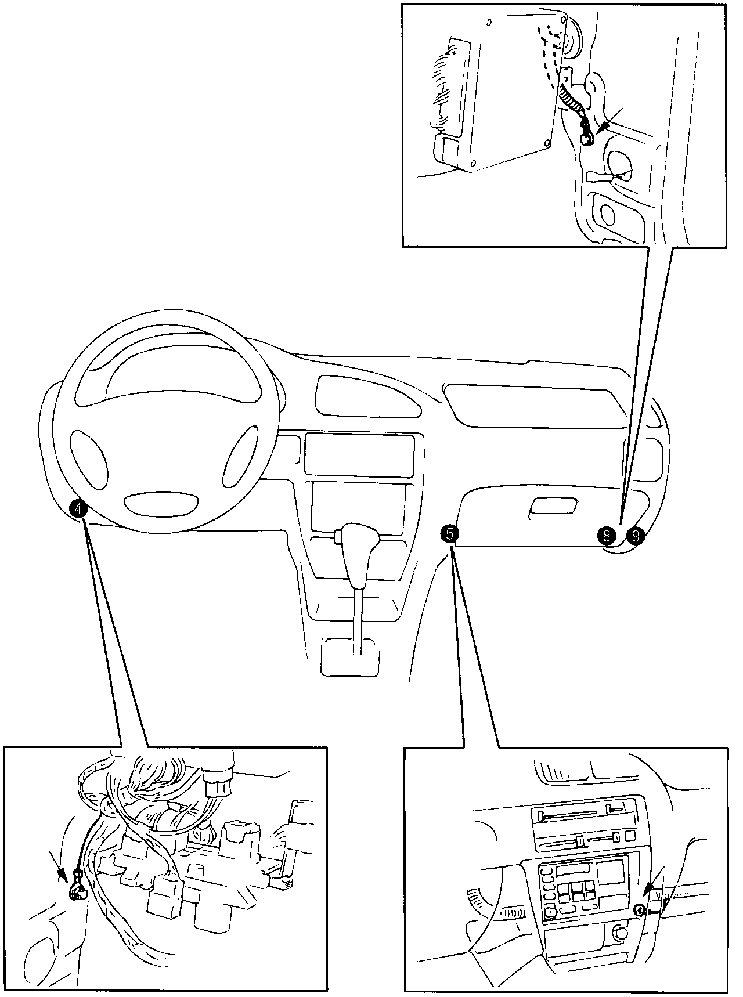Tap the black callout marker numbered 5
tap(449, 533)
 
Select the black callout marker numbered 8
tap(607, 535)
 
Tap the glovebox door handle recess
tap(554, 506)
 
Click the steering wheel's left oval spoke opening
tap(89, 459)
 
